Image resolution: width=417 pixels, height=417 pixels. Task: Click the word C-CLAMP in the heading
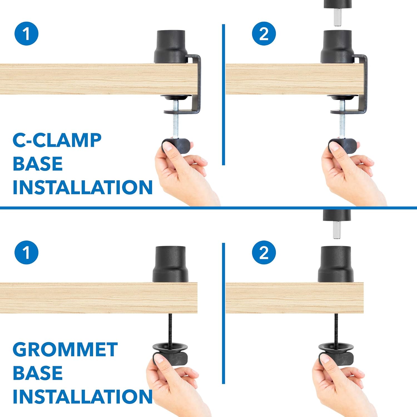point(57,140)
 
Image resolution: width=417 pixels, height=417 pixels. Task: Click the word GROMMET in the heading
point(65,349)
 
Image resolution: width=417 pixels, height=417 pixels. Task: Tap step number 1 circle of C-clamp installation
point(26,34)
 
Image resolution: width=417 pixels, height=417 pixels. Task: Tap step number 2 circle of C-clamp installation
point(264,34)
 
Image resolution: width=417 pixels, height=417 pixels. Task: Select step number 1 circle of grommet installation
point(26,252)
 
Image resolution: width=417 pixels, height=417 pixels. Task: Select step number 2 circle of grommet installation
point(264,252)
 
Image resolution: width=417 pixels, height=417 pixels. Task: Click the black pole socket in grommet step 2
point(336,264)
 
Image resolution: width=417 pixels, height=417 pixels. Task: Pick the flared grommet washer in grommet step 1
point(170,348)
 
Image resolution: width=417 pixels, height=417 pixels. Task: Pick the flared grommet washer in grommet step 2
point(336,348)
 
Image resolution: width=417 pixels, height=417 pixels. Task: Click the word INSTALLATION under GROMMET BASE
point(82,396)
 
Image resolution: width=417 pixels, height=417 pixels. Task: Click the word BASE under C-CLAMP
point(38,164)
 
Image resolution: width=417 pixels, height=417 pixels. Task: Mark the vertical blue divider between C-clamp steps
point(224,95)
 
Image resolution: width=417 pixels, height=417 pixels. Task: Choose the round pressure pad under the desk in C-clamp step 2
point(342,97)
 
